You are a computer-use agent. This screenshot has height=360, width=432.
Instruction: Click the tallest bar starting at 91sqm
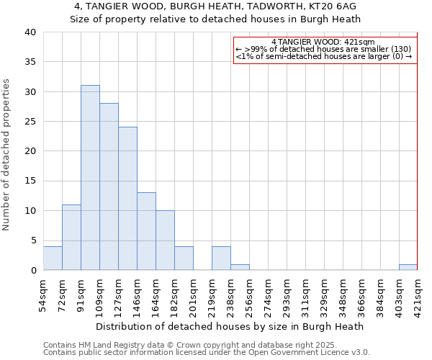click(x=90, y=178)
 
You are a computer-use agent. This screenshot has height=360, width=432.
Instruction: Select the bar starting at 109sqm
click(x=109, y=186)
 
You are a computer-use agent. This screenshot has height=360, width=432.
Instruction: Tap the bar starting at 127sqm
click(x=127, y=199)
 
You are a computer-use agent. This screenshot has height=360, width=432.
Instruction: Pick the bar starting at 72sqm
click(x=71, y=238)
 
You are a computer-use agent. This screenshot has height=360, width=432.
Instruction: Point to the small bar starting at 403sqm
click(x=408, y=267)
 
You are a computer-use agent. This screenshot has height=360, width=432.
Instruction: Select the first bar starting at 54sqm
click(x=53, y=258)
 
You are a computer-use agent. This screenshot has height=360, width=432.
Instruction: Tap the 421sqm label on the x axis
click(x=418, y=297)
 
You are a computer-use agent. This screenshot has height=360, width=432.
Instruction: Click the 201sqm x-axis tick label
click(x=193, y=297)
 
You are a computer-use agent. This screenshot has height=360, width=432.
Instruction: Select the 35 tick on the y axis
click(x=30, y=62)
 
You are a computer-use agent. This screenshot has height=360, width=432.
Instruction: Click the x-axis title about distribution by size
click(x=230, y=326)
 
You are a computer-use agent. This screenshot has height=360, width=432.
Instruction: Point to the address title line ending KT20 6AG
click(x=215, y=6)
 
